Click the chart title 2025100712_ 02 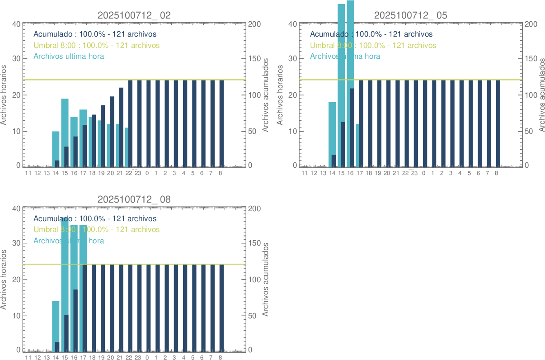pos(134,15)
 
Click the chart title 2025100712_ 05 pos(411,15)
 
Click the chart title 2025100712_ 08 pos(134,199)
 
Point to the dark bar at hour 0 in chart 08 pos(148,308)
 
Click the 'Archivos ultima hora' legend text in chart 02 pos(69,57)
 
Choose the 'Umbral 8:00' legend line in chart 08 pos(96,230)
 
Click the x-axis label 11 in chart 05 pos(304,173)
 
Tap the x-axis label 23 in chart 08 pos(138,357)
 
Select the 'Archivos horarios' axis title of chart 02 pos(4,95)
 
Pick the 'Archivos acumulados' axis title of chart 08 pos(265,279)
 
